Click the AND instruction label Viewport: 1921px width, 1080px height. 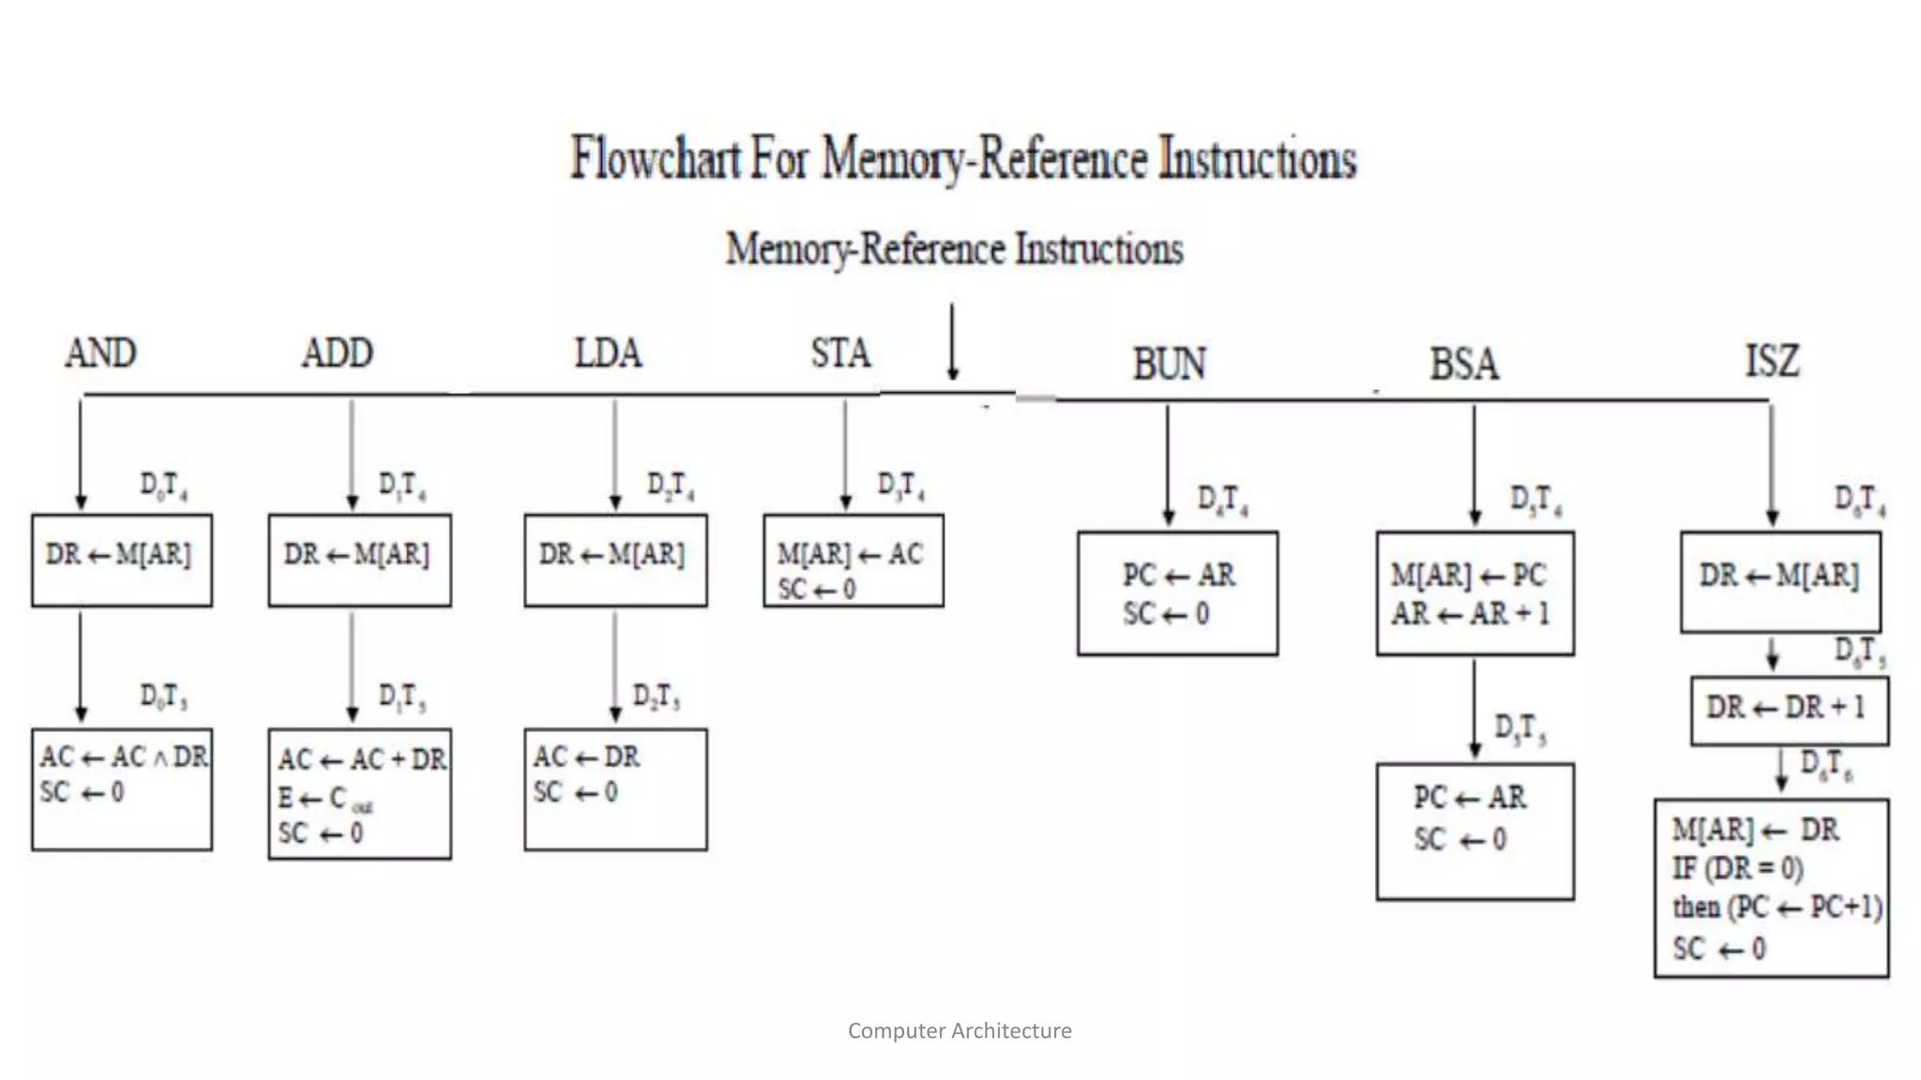[100, 353]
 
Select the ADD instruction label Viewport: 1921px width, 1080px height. [337, 353]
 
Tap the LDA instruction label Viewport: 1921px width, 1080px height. [608, 353]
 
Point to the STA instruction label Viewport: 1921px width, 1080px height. [840, 353]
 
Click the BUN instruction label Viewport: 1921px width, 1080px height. [1169, 364]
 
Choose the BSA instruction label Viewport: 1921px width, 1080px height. [1463, 364]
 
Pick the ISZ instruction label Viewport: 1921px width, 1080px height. [1772, 361]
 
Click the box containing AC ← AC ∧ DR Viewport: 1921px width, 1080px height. [122, 788]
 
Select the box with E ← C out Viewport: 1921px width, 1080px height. [359, 794]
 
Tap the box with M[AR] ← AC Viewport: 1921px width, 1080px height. [853, 561]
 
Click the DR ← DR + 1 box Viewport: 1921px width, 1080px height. [1789, 710]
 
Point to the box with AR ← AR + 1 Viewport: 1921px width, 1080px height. [1475, 592]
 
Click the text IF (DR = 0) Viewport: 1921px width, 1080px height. [1737, 868]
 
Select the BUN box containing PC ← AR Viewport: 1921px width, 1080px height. [1177, 592]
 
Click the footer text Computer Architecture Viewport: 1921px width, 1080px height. [960, 1030]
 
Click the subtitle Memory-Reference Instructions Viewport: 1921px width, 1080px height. [954, 249]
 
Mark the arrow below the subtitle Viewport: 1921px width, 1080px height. [952, 342]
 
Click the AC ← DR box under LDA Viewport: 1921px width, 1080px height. [615, 788]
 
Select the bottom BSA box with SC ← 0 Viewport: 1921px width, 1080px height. [1475, 831]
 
